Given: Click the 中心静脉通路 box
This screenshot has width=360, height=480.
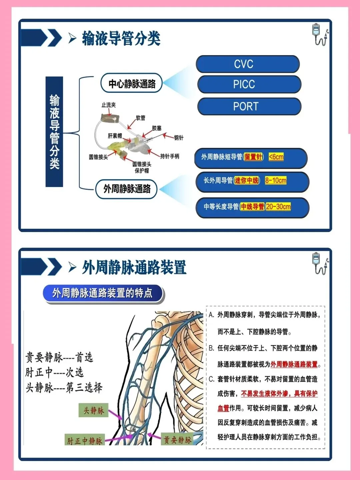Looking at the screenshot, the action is pos(132,83).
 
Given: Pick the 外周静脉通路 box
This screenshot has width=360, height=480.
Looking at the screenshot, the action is pos(127,189).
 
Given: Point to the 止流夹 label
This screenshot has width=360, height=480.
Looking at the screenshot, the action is pos(108,105).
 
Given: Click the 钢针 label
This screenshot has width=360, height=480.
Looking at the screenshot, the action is pos(178,137).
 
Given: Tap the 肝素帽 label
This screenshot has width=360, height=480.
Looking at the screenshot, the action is pos(115,136).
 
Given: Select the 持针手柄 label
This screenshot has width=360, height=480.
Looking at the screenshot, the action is pos(170,156).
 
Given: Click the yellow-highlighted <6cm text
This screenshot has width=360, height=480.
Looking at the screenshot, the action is pos(276,157).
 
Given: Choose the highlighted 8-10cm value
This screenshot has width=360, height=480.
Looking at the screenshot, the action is pos(276,181).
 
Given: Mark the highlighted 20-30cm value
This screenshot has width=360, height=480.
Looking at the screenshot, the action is pos(278,207).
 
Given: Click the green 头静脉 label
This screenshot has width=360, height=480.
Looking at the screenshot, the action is pos(93,410).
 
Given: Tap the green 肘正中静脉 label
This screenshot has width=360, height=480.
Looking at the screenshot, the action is pos(85,441).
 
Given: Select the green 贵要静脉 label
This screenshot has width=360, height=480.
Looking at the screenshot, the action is pos(177,440).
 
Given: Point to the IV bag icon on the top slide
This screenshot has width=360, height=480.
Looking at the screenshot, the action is pos(319,34).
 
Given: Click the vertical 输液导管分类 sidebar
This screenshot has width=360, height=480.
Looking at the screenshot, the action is pos(54,132).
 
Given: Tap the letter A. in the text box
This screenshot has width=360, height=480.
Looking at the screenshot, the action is pos(212,315).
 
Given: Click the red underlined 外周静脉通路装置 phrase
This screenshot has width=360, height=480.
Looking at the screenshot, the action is pos(294,364).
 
